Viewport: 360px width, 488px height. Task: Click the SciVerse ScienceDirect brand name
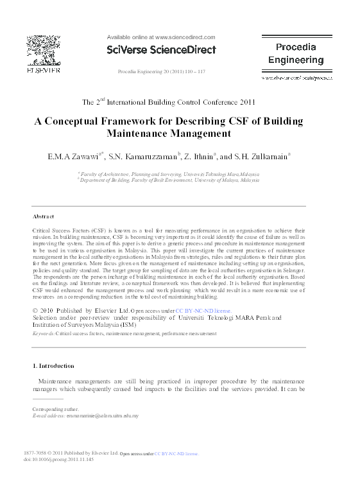(161, 49)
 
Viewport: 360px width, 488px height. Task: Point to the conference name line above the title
(169, 101)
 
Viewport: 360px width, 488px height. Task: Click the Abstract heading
(44, 216)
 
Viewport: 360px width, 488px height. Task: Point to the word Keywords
(43, 334)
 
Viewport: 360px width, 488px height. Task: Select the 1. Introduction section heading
(53, 366)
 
